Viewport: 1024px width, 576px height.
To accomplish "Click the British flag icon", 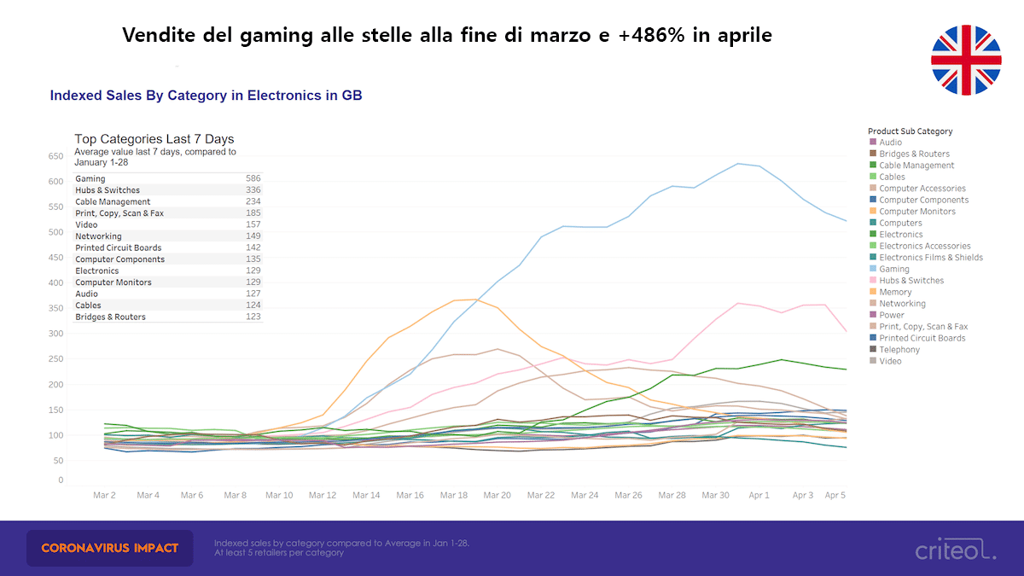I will pyautogui.click(x=966, y=60).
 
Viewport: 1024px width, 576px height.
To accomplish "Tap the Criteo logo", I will pyautogui.click(x=955, y=549).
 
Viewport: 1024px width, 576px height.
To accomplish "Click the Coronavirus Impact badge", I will pyautogui.click(x=110, y=547).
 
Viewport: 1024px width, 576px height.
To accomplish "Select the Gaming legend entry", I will pyautogui.click(x=894, y=269).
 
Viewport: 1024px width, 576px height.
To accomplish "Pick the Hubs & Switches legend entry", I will pyautogui.click(x=911, y=281).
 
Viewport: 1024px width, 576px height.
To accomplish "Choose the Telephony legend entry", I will pyautogui.click(x=899, y=350).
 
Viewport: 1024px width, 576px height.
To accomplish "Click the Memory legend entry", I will pyautogui.click(x=895, y=292).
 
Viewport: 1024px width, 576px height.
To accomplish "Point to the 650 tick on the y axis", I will pyautogui.click(x=55, y=156).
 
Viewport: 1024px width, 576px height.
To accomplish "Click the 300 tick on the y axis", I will pyautogui.click(x=55, y=334).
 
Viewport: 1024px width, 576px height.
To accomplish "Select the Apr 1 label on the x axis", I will pyautogui.click(x=759, y=495).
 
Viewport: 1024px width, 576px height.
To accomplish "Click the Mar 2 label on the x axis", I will pyautogui.click(x=104, y=495).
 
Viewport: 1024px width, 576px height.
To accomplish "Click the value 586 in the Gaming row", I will pyautogui.click(x=253, y=178).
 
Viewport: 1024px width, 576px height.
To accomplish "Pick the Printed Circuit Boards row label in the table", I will pyautogui.click(x=118, y=247).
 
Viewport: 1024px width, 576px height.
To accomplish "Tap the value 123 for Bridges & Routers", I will pyautogui.click(x=253, y=317).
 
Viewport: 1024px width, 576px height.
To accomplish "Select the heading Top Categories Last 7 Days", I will pyautogui.click(x=154, y=139).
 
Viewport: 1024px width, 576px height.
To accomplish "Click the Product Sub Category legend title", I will pyautogui.click(x=910, y=131).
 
